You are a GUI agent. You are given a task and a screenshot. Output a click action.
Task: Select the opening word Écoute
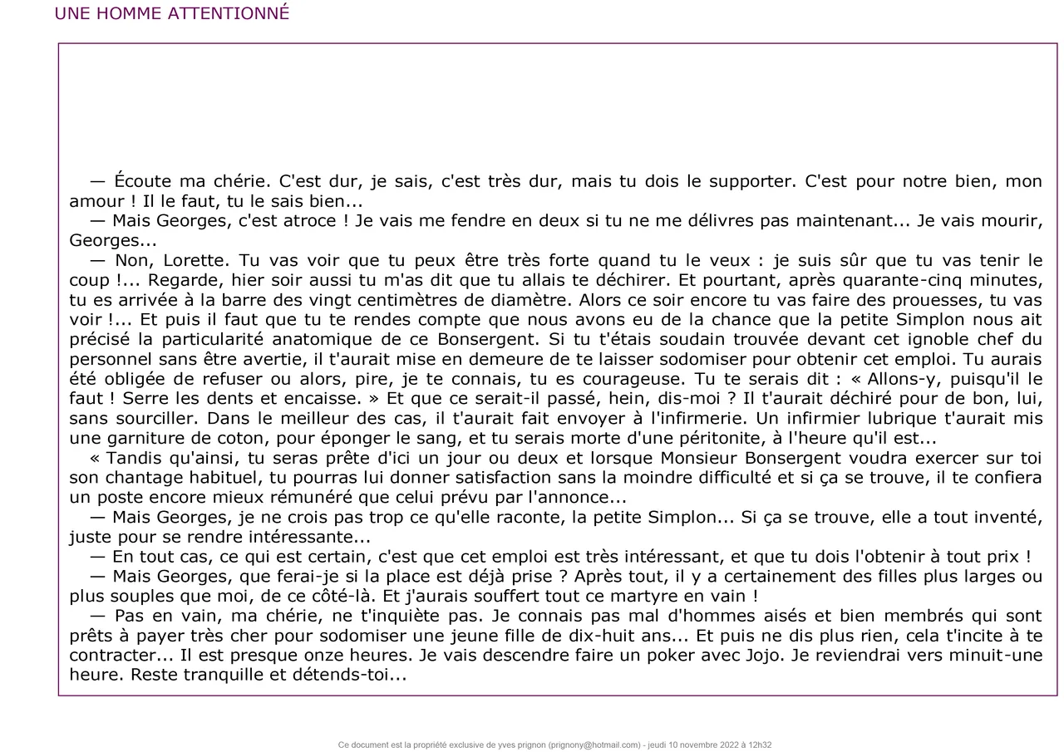point(142,181)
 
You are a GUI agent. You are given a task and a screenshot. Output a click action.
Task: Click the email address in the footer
point(595,745)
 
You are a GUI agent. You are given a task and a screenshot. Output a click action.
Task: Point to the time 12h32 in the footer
point(759,745)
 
